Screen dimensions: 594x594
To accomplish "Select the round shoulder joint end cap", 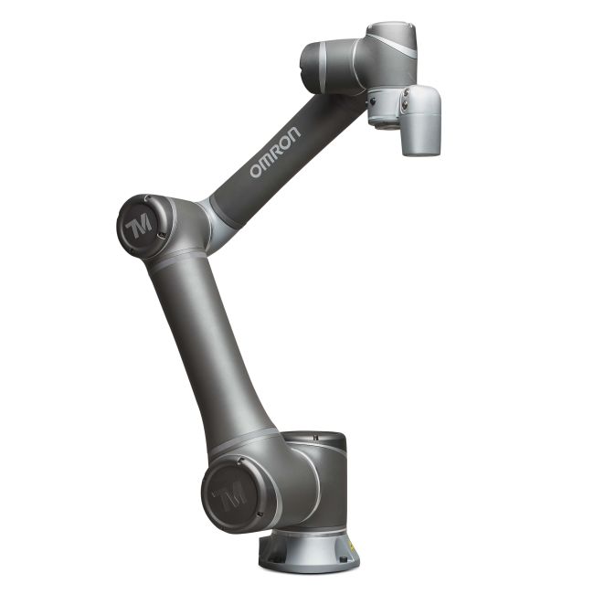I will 229,494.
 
